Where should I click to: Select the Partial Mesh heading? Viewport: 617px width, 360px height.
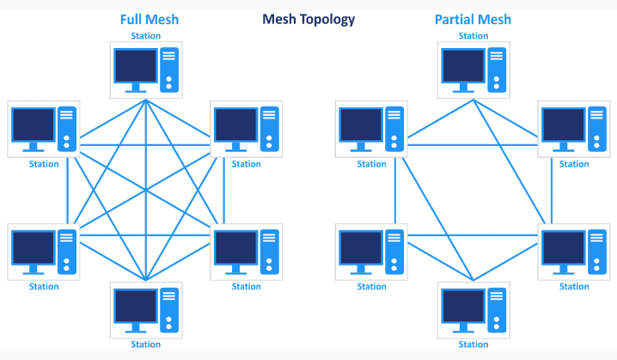473,19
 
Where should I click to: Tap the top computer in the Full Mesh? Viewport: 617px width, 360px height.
146,69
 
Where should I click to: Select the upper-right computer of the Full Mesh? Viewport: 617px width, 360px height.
246,129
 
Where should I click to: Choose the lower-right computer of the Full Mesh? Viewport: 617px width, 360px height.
246,251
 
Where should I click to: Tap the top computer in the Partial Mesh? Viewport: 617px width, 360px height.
473,69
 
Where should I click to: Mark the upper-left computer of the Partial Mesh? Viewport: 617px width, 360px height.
371,129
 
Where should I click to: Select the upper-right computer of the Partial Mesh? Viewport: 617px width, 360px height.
574,129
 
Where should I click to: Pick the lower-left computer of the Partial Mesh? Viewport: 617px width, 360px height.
371,251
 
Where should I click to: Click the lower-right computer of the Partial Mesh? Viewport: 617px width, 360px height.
574,251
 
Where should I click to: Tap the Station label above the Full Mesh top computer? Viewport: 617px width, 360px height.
145,36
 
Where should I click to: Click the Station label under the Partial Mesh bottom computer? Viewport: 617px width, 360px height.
473,345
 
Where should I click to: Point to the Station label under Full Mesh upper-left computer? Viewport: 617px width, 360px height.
44,164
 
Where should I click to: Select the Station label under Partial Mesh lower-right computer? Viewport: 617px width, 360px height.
574,287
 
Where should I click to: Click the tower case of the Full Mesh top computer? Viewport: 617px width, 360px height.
169,70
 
